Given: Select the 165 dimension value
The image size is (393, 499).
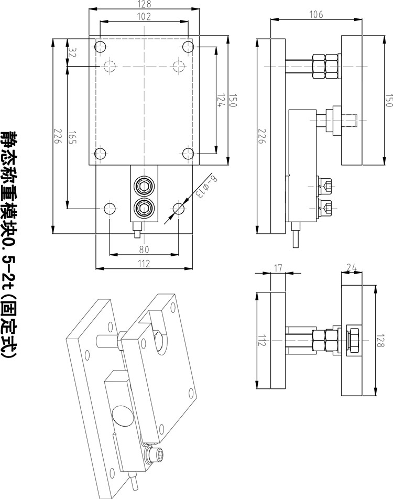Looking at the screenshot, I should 72,137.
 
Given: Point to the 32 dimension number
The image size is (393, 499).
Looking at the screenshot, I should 72,53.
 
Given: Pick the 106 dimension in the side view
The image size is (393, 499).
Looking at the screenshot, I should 315,15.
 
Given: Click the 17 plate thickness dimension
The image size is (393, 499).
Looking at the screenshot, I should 278,268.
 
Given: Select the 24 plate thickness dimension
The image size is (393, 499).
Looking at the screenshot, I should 352,268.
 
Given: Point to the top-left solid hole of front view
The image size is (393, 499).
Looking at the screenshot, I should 101,47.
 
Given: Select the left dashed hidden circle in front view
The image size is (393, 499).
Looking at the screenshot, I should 110,66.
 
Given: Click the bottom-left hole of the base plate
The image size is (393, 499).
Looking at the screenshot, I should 110,209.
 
